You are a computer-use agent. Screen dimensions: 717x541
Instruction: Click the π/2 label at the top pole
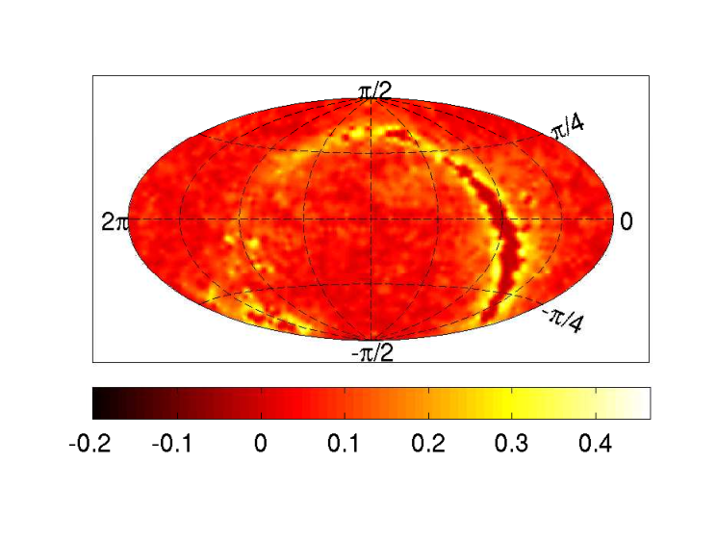(375, 91)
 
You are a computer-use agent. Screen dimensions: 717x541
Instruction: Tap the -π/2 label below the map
(372, 353)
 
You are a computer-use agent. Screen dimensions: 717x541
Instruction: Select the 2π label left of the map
(115, 222)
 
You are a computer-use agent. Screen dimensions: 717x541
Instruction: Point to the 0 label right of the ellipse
(627, 221)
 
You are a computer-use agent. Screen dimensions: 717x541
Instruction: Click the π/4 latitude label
(569, 128)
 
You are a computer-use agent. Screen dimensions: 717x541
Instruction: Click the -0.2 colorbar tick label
(90, 443)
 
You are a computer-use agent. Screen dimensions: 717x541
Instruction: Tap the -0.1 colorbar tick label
(172, 443)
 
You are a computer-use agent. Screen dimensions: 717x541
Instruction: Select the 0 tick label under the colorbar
(261, 443)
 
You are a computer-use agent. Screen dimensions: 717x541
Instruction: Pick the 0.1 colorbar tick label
(344, 443)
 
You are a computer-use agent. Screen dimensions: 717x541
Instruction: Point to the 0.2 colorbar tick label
(428, 443)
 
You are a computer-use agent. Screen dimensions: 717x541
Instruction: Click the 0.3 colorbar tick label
(512, 443)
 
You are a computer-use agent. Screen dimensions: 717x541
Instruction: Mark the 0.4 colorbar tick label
(596, 443)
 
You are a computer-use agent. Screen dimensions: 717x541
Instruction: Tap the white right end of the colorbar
(646, 403)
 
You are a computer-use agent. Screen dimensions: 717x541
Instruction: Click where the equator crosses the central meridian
(371, 219)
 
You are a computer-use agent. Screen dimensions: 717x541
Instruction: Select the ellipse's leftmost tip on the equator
(129, 219)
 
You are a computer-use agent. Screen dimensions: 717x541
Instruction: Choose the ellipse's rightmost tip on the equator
(613, 219)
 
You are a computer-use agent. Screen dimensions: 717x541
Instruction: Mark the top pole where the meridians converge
(371, 98)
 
